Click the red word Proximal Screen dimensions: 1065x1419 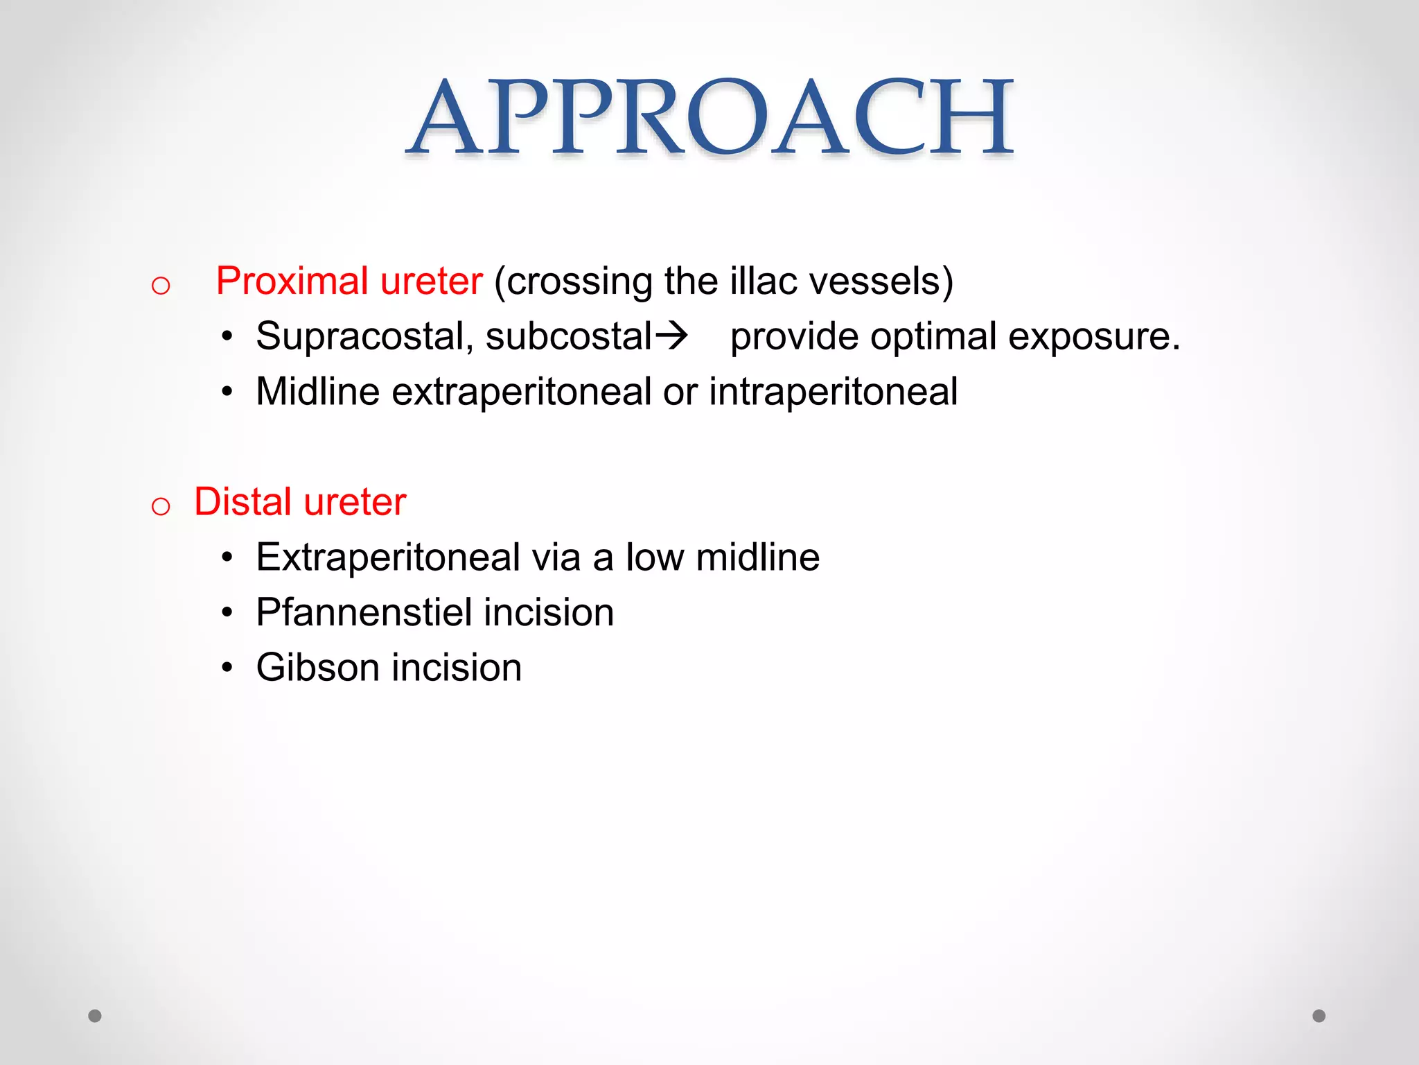click(x=292, y=282)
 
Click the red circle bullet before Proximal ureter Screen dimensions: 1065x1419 click(x=161, y=286)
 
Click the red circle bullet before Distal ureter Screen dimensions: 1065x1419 click(x=161, y=507)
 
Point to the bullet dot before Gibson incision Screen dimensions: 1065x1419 click(x=227, y=668)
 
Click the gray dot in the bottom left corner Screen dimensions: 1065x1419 click(x=95, y=1016)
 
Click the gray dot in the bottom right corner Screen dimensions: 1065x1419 click(x=1319, y=1016)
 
